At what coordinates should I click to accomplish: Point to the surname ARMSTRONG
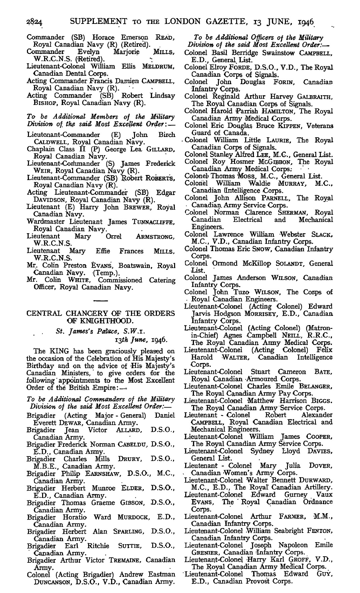coord(156,237)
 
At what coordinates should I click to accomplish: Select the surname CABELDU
coord(133,445)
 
